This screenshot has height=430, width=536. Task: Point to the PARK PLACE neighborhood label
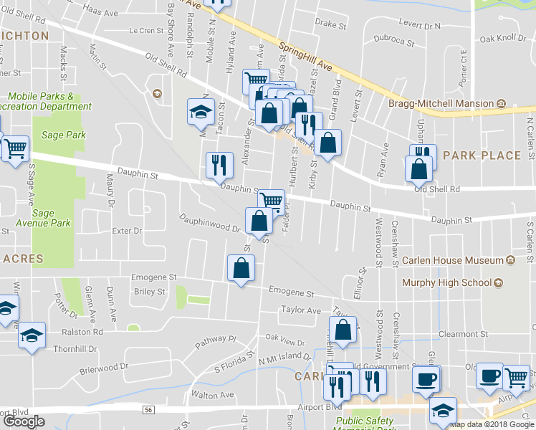tap(482, 155)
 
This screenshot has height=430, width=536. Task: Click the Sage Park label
tap(64, 135)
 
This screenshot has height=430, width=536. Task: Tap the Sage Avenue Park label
tap(51, 218)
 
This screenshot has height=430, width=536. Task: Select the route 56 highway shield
tap(148, 409)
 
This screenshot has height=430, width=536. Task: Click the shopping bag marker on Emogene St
tap(241, 269)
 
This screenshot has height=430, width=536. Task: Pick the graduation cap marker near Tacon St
tap(200, 112)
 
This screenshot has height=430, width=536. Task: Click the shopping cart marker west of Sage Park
tap(14, 149)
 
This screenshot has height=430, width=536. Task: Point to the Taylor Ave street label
tap(300, 310)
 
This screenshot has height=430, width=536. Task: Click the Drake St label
tap(330, 24)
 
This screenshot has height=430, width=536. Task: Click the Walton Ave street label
tap(212, 395)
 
